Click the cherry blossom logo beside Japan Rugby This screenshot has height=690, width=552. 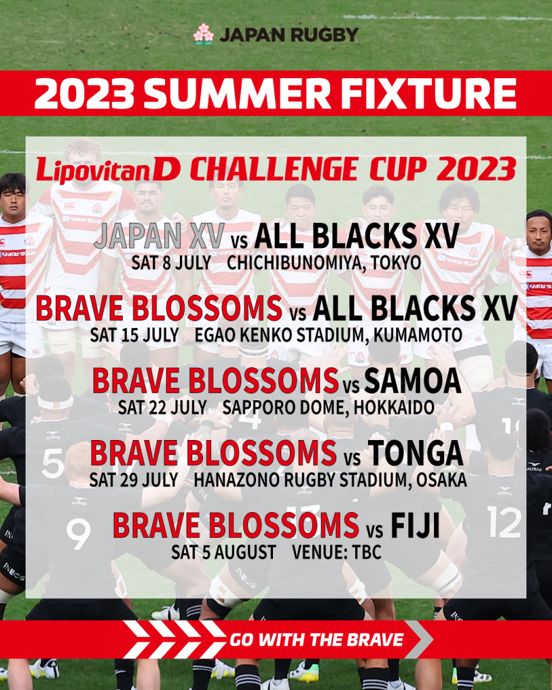[x=204, y=34]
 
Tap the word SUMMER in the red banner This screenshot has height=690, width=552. [x=237, y=94]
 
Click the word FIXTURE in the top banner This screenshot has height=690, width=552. [x=429, y=94]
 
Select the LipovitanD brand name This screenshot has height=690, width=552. [x=108, y=169]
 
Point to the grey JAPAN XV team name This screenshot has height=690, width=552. [x=159, y=236]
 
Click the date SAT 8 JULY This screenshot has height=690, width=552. [x=171, y=263]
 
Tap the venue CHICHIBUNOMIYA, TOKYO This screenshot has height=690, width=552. [x=324, y=263]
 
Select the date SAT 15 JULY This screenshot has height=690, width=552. [x=134, y=336]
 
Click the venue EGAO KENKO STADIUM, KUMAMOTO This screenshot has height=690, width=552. [x=328, y=336]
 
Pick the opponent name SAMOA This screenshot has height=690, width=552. [x=412, y=381]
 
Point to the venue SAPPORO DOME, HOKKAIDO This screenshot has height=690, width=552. [x=328, y=408]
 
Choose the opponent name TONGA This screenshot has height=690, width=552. [x=416, y=453]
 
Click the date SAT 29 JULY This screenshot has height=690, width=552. [x=133, y=480]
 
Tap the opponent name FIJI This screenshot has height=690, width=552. [x=415, y=526]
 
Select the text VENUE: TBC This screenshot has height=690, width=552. [x=337, y=553]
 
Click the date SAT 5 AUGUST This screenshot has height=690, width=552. [x=224, y=553]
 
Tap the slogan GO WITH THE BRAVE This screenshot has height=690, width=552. [x=316, y=640]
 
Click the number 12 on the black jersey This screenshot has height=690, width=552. [x=504, y=522]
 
